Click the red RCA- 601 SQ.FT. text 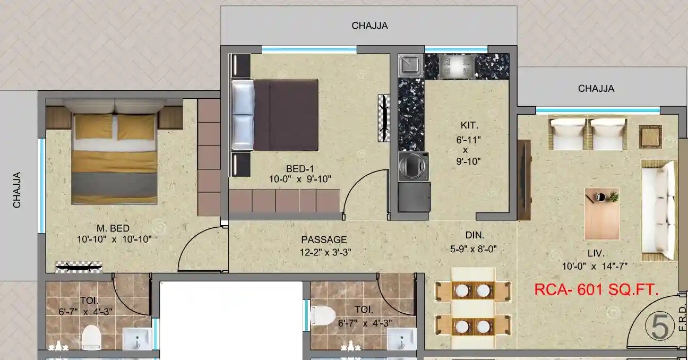(596, 290)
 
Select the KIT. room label (469, 126)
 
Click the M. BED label (113, 228)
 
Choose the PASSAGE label (324, 239)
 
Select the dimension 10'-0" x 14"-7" (595, 266)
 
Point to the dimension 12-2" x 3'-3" (325, 252)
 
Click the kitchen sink (410, 65)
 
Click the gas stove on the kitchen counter (455, 66)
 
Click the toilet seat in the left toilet (91, 337)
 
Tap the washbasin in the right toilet (401, 338)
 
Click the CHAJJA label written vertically (18, 189)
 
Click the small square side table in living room (650, 136)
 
